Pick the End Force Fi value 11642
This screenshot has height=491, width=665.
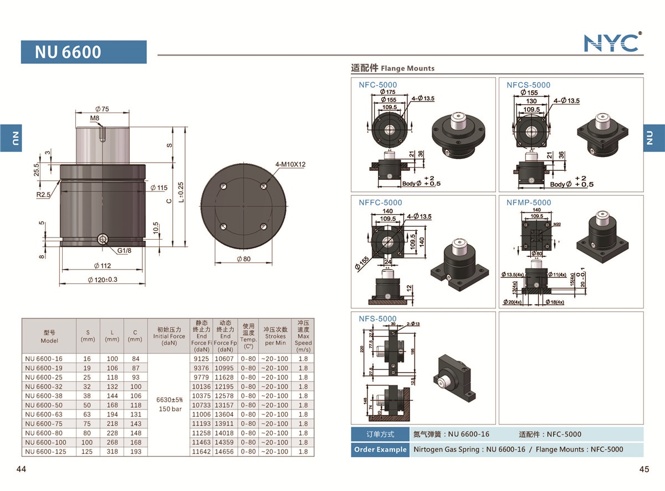click(x=201, y=452)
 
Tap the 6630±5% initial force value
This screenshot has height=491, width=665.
click(x=170, y=399)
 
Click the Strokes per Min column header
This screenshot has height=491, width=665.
click(x=275, y=336)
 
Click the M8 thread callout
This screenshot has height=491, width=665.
click(x=95, y=118)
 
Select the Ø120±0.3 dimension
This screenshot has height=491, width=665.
click(x=103, y=280)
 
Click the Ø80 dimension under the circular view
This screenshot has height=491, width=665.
click(x=243, y=259)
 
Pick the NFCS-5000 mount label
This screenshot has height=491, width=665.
click(x=528, y=85)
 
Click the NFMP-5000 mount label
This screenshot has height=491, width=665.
click(x=529, y=203)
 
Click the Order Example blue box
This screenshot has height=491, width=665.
click(x=380, y=449)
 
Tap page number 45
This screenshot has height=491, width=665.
click(x=643, y=469)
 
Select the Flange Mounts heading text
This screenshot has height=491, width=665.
click(x=407, y=68)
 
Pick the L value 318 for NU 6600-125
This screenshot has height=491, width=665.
click(x=112, y=452)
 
